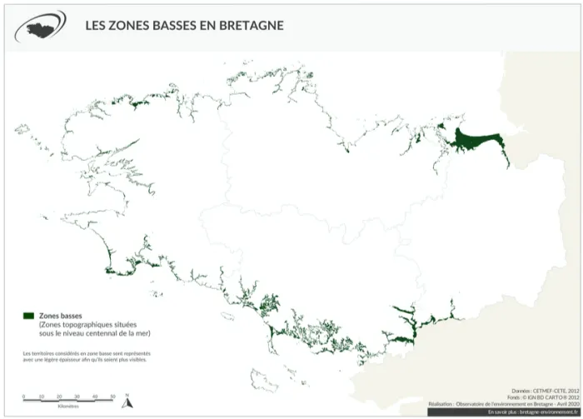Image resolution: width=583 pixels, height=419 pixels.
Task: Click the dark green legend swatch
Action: pyautogui.click(x=28, y=317)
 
